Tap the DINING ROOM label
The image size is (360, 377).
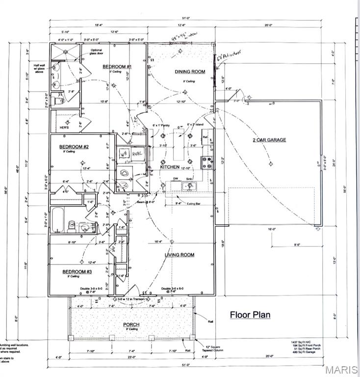tap(190, 72)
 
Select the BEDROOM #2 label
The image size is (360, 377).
tap(74, 147)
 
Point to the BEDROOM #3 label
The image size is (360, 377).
tap(77, 271)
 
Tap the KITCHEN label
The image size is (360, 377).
tap(170, 167)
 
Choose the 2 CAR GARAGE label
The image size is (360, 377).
tap(269, 140)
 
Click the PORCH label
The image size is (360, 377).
tap(131, 324)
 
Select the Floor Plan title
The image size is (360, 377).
tap(250, 315)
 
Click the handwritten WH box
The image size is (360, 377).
tap(124, 154)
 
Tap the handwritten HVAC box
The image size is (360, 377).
tap(137, 154)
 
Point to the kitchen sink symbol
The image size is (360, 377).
tap(188, 186)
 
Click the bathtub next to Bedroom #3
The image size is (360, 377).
tap(57, 220)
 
